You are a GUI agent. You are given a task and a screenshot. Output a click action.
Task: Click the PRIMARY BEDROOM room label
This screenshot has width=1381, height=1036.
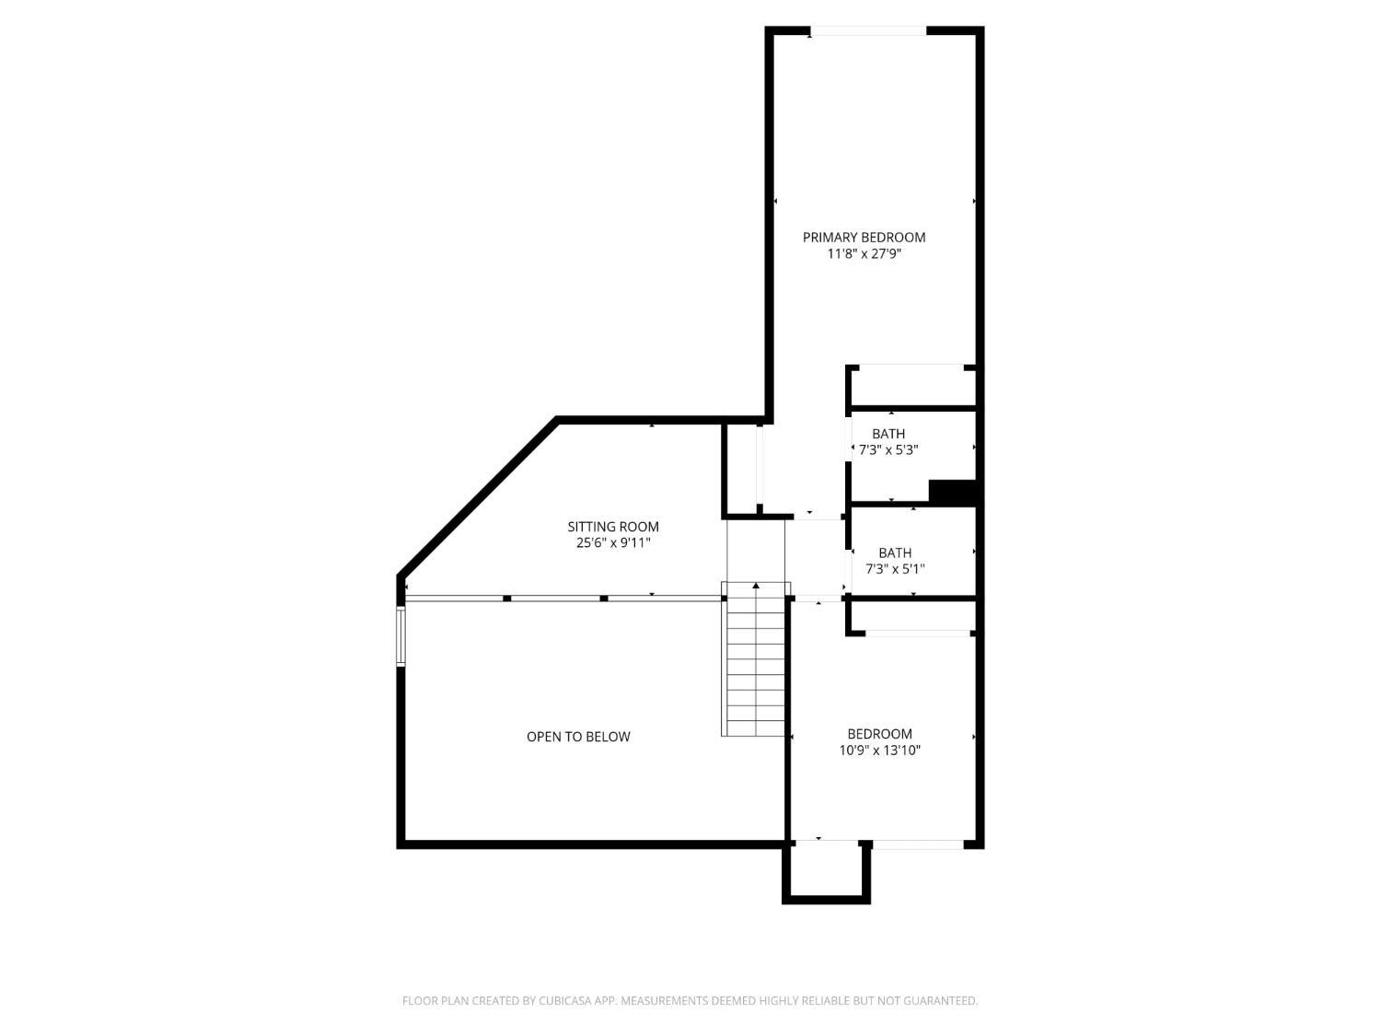tap(864, 238)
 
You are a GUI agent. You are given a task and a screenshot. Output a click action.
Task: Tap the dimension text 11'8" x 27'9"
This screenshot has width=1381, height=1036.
tap(864, 254)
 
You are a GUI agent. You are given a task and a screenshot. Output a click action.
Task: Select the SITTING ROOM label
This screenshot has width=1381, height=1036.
tap(613, 527)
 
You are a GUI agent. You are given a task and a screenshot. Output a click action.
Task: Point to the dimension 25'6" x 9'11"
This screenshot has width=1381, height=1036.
tap(613, 542)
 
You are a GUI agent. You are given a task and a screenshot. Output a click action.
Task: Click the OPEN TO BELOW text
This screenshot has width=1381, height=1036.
tap(578, 737)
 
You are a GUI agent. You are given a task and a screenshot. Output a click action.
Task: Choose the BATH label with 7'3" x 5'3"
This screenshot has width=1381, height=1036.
tap(888, 434)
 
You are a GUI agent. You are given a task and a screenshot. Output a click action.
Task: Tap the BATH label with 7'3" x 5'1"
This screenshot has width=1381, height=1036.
tap(895, 553)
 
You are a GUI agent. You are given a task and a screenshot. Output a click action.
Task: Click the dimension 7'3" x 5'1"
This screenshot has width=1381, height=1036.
tap(895, 569)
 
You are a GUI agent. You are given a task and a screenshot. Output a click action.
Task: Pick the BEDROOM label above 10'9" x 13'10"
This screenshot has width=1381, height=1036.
tap(879, 733)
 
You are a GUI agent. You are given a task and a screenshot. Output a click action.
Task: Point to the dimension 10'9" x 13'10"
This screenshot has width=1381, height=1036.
tap(879, 750)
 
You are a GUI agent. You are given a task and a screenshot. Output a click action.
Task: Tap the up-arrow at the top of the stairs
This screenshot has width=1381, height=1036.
tap(756, 587)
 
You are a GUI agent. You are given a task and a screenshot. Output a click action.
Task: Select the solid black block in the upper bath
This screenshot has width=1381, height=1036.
tap(953, 492)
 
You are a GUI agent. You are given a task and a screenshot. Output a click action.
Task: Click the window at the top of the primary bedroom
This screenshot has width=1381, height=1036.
tap(868, 30)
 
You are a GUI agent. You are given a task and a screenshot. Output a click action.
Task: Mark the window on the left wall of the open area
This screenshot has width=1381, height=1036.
tap(400, 636)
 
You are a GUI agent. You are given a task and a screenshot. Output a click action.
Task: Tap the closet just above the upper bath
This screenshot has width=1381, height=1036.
tap(911, 386)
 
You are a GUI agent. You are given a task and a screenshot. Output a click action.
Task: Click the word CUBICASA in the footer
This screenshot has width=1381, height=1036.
tap(565, 1001)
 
